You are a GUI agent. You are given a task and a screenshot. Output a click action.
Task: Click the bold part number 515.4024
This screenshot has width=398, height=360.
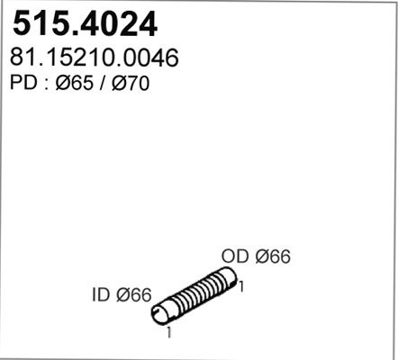tap(85, 23)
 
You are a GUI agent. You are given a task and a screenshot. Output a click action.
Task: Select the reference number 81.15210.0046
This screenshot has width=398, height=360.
tap(95, 58)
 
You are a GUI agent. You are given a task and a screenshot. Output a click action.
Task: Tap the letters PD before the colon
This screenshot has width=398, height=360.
tap(23, 83)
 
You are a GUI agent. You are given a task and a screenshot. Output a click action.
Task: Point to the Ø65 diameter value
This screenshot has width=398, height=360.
tap(75, 83)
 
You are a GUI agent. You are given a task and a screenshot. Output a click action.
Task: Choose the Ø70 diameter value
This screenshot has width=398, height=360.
tap(131, 83)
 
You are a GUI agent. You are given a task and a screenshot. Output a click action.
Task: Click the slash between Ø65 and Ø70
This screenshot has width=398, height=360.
tap(103, 83)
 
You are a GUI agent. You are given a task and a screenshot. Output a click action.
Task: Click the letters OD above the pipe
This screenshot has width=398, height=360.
tap(235, 256)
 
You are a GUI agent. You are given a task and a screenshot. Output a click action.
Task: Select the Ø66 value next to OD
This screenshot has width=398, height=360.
tap(273, 256)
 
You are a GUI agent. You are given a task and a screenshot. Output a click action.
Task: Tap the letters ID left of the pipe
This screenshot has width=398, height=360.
tap(101, 295)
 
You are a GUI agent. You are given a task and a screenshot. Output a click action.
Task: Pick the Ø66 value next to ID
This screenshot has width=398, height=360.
tap(134, 295)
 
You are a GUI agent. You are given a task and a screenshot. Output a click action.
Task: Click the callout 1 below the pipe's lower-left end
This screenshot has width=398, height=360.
tap(169, 332)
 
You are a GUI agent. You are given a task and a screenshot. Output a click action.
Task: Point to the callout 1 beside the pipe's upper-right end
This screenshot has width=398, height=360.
tap(240, 286)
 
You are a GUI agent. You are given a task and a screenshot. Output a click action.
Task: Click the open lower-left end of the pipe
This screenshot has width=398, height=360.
tap(160, 313)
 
